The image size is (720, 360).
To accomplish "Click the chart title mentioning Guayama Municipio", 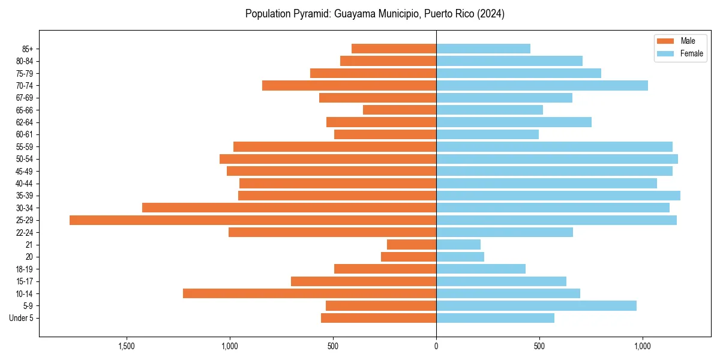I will click(375, 14).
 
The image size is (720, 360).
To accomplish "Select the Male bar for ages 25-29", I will click(253, 220).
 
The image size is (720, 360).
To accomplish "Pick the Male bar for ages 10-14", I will click(310, 293).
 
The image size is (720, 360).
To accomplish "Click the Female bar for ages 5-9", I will click(536, 305).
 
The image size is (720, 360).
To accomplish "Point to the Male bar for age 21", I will click(412, 245).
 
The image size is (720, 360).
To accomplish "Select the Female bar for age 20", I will click(460, 257).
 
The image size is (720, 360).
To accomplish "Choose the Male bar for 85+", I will click(394, 49).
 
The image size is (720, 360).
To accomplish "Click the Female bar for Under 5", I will click(495, 318).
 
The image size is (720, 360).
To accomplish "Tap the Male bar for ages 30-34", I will click(289, 208).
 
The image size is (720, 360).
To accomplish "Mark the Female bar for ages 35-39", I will click(558, 196).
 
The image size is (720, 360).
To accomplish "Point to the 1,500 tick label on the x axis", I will click(126, 346).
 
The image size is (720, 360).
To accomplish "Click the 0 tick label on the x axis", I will click(436, 346).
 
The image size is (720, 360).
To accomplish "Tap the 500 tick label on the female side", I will click(539, 346).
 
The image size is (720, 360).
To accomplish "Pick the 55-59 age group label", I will click(25, 146).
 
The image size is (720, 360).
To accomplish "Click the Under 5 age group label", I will click(22, 318).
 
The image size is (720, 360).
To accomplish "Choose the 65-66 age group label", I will click(25, 110).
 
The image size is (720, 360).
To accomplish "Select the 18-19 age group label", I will click(25, 269).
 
